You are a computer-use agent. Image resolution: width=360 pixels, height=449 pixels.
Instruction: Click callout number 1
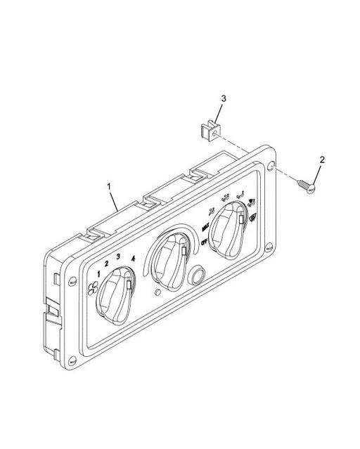pyautogui.click(x=109, y=186)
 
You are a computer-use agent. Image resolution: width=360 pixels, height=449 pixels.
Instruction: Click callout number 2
pyautogui.click(x=322, y=160)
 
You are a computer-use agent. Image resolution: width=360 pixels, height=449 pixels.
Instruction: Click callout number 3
pyautogui.click(x=223, y=98)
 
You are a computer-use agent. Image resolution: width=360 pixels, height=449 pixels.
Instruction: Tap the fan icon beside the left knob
pyautogui.click(x=94, y=286)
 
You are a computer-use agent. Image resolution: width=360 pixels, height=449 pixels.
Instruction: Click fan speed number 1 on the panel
pyautogui.click(x=100, y=273)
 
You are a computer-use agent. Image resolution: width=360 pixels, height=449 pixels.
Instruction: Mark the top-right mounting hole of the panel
pyautogui.click(x=272, y=166)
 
